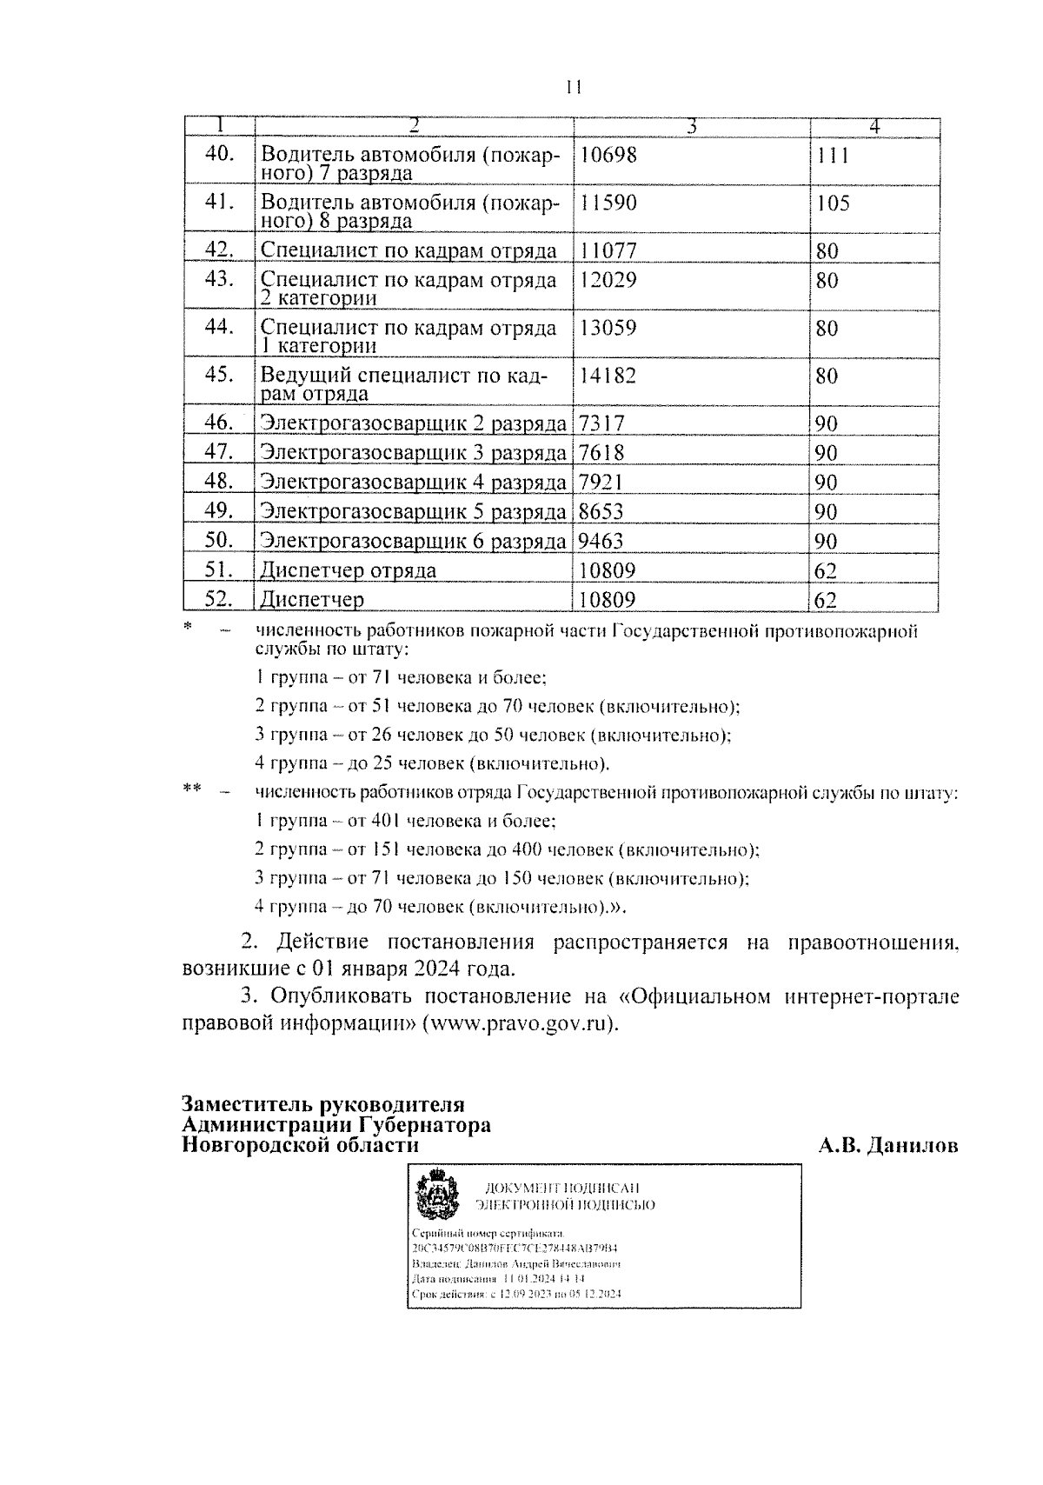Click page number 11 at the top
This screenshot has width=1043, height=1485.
click(572, 88)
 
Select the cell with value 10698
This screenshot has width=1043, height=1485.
click(608, 156)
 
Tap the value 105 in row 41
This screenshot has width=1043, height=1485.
click(833, 204)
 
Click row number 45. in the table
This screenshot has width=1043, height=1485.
click(219, 375)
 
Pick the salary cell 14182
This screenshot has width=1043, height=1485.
click(608, 376)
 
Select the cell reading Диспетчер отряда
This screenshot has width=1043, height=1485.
click(349, 570)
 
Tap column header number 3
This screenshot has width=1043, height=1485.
click(692, 127)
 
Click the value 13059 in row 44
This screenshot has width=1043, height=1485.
click(608, 329)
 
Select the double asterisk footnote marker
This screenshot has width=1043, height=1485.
click(192, 790)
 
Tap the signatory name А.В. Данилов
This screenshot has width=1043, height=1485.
click(887, 1145)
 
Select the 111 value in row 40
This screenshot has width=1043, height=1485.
click(832, 156)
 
